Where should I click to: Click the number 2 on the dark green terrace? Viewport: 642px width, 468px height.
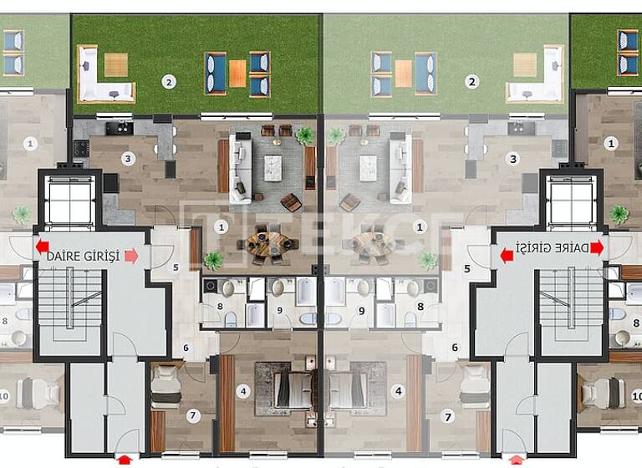click(x=169, y=82)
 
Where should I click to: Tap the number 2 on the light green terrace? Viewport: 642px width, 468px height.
click(x=472, y=82)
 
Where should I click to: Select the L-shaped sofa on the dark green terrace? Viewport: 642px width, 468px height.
click(x=104, y=75)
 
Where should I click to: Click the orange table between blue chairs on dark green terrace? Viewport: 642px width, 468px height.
click(x=237, y=73)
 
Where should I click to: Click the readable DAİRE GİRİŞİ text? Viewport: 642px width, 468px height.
click(x=84, y=256)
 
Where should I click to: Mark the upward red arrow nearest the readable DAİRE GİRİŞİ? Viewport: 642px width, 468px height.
click(x=125, y=458)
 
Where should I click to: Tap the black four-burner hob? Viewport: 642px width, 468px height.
click(x=81, y=149)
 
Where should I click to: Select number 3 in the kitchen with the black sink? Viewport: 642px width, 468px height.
click(x=127, y=158)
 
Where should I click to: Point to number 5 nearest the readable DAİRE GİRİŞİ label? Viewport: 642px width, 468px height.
click(x=176, y=268)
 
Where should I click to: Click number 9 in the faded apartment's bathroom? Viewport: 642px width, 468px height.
click(x=361, y=310)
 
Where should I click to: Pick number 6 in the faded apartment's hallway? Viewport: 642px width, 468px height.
click(x=456, y=348)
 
